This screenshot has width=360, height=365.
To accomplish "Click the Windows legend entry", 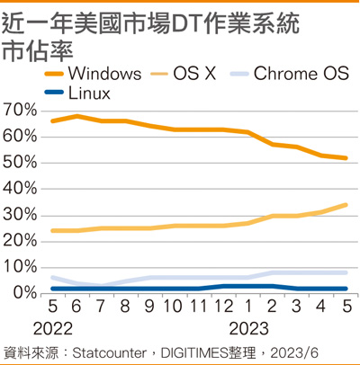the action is point(93,74).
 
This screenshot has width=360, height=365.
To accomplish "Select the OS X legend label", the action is point(194,74).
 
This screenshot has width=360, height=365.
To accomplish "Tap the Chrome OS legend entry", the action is point(301,74).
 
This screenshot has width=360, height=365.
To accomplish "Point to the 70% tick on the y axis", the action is point(20,111).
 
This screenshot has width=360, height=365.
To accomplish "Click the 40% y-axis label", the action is point(20,189).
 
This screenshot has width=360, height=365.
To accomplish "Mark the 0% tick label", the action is point(24,293).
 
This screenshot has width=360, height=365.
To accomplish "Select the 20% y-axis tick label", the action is point(20,241).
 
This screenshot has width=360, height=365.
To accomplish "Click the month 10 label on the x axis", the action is point(173,307).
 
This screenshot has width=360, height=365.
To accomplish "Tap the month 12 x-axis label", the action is point(222,307).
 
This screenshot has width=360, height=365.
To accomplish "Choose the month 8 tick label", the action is point(125,307).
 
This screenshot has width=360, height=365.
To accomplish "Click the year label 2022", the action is point(53,329).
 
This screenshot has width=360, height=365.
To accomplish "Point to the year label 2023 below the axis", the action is point(248,329).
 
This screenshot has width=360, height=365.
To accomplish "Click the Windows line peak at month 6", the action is point(77,116).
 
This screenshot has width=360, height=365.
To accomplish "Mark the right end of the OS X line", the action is point(346,205).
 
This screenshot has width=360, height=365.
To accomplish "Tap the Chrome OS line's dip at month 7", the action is point(102,285).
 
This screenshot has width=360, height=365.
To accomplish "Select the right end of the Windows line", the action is point(346,158).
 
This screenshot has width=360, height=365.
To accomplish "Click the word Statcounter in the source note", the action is point(109,353).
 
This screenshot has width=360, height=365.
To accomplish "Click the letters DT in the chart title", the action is point(186,24).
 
